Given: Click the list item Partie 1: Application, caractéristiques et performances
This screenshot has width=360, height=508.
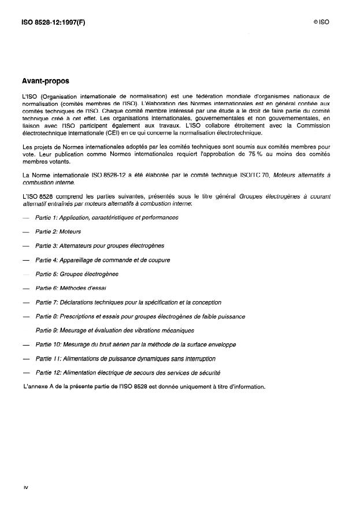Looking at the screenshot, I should (x=107, y=217).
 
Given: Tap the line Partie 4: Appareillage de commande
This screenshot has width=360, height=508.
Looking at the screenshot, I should (x=103, y=260).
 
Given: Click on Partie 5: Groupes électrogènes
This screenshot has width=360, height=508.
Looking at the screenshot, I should (x=77, y=274).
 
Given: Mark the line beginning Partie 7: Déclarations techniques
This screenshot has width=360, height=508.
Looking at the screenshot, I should (x=128, y=302).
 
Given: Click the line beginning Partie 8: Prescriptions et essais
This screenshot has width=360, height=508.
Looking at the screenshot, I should (x=140, y=316).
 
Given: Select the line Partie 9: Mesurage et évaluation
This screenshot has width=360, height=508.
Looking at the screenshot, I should (x=114, y=331).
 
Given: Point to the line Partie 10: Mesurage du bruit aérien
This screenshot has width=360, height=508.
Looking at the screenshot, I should (x=136, y=344).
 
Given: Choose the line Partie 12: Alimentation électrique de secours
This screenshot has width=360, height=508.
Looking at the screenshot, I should (x=128, y=373).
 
